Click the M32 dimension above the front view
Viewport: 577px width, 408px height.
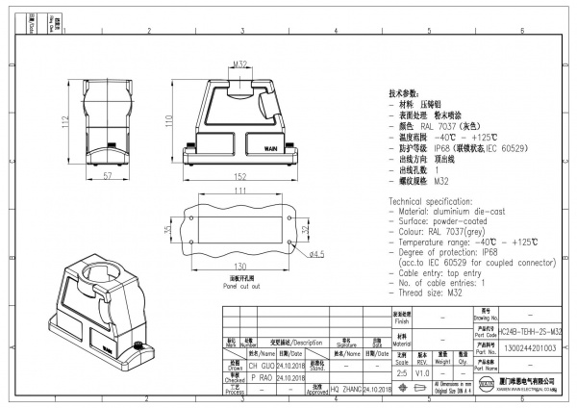click(240, 64)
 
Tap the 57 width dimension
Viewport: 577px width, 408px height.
click(80, 176)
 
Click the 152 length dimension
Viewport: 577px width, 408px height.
click(241, 177)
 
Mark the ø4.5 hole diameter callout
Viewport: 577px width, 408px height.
click(315, 253)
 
